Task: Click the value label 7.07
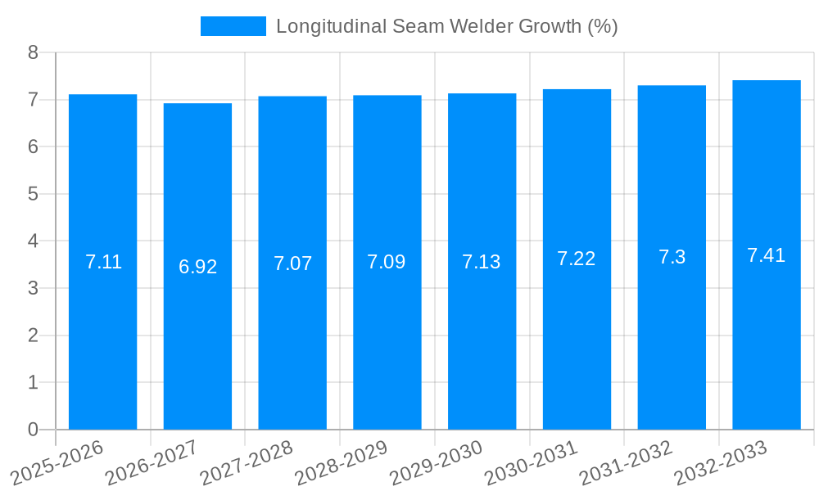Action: pos(292,264)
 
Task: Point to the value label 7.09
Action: pos(387,262)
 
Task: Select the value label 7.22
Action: pos(577,259)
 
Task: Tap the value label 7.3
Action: pos(672,257)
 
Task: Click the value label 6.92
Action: pos(197,267)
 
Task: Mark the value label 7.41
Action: pos(766,255)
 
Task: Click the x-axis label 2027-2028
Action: pos(247,463)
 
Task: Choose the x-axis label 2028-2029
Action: pos(342,463)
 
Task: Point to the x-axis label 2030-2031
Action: pos(532,463)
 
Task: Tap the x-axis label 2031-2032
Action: pos(626,463)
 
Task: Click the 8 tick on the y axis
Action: pos(33,52)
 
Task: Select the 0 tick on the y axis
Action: pos(33,430)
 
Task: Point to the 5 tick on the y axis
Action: pos(33,194)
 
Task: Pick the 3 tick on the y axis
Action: pos(33,288)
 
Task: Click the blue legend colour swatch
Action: pos(233,26)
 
